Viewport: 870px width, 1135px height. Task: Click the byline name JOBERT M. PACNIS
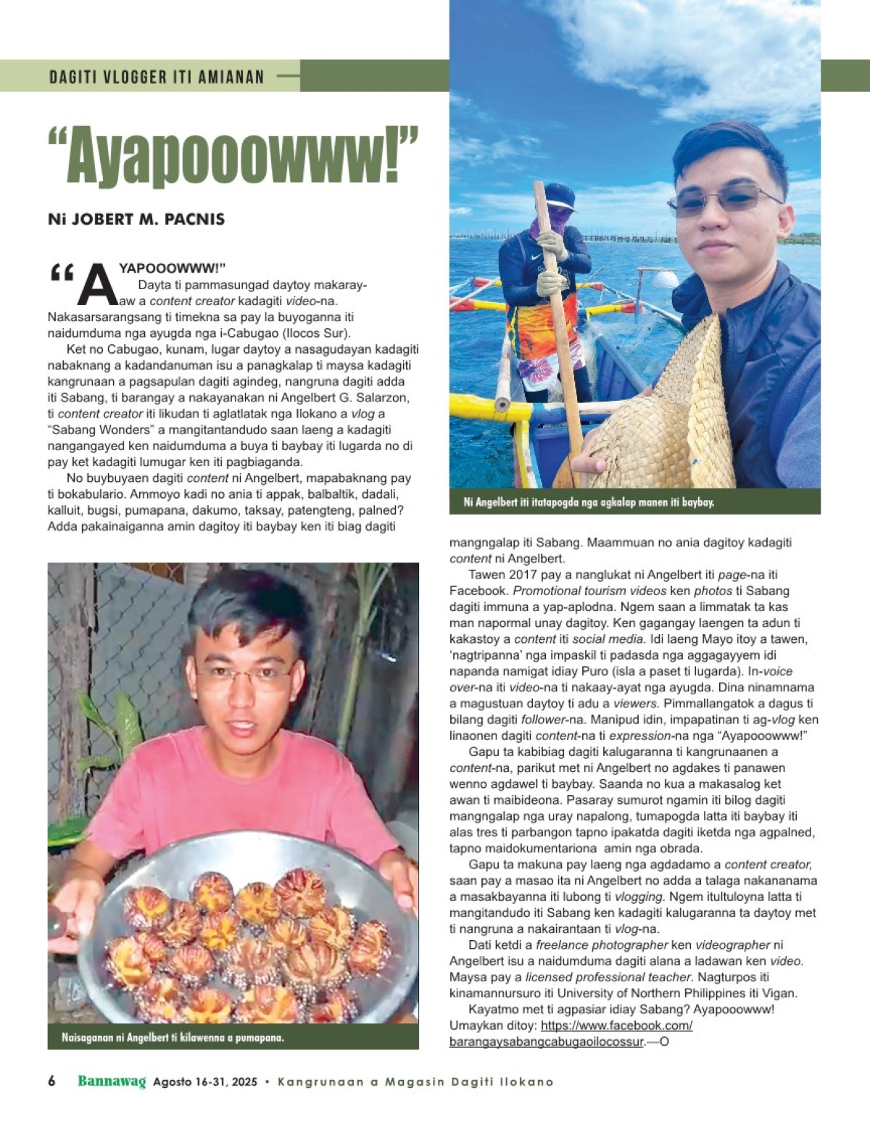136,218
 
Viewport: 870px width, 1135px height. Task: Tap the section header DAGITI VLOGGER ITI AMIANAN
157,76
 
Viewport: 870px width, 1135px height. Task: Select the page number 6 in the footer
51,1081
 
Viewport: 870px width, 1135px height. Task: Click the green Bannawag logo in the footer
112,1081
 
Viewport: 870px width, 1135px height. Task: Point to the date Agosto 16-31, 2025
205,1082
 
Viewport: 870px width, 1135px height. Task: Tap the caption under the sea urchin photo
173,1037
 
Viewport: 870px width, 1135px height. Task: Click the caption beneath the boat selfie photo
588,502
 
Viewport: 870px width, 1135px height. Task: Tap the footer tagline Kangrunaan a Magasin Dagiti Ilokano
415,1082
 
